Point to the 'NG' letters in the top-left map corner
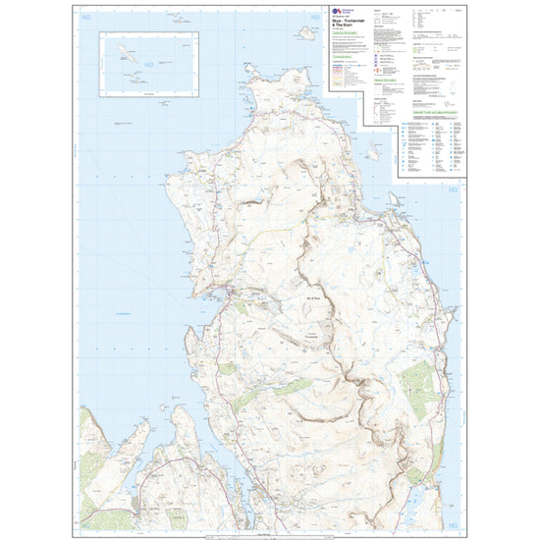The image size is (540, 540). coord(90,13)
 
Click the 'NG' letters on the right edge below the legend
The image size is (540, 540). coord(453,189)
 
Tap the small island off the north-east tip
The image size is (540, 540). coord(375,154)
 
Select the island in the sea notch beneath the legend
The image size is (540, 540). coord(393,200)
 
